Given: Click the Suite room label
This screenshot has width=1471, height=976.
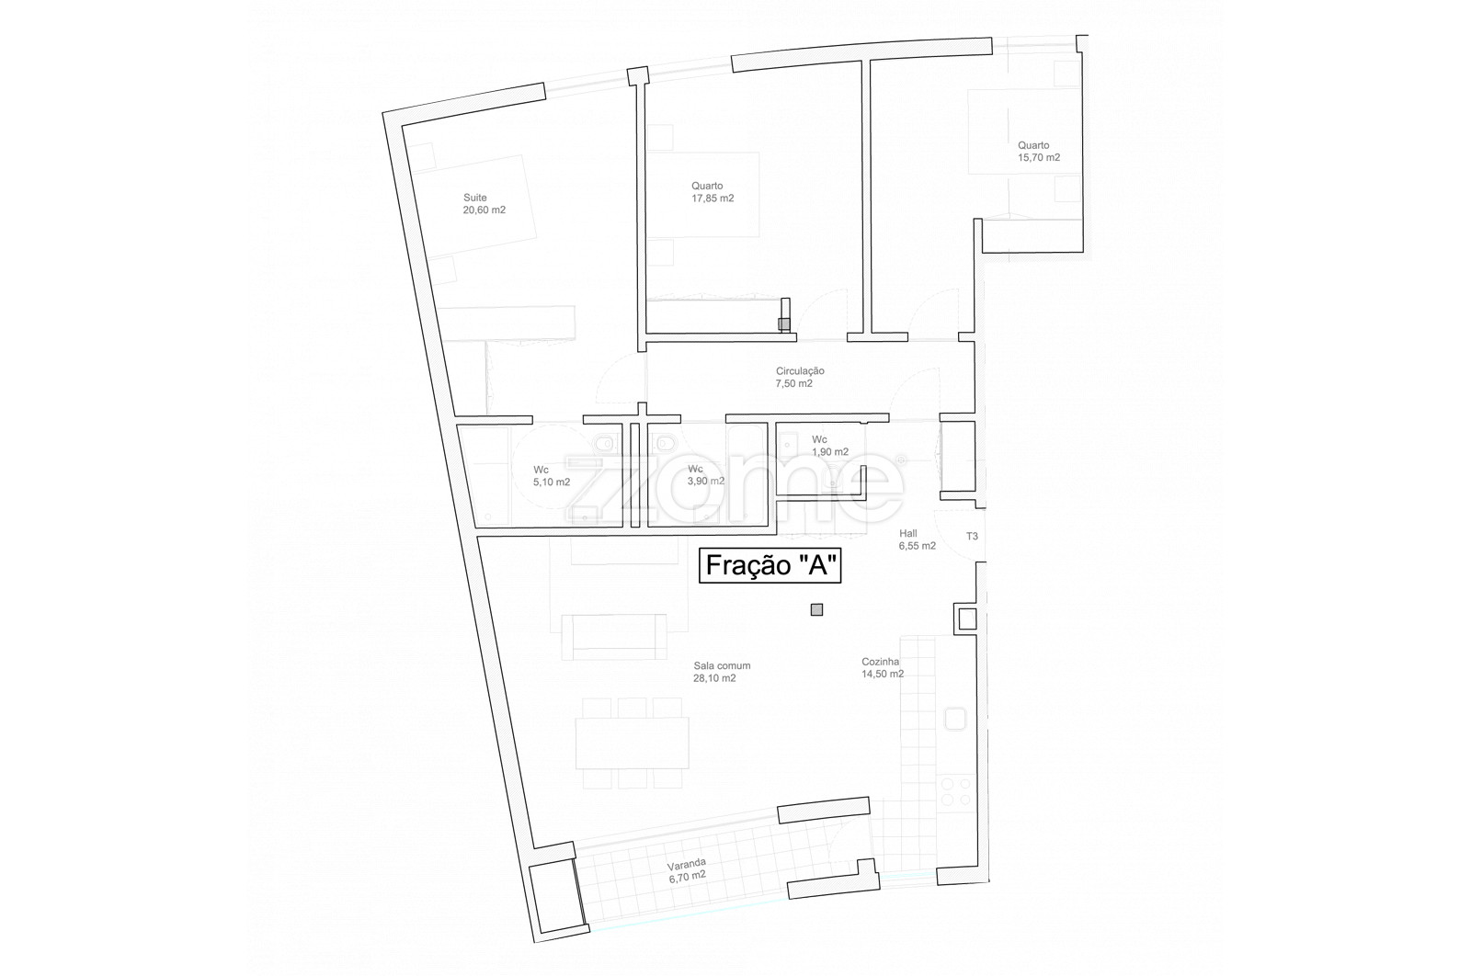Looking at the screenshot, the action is (474, 198).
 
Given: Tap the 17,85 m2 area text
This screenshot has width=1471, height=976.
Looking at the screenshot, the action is (713, 199).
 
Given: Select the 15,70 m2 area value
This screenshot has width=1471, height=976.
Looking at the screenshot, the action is (1039, 157).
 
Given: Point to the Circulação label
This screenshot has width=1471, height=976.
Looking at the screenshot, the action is (800, 371).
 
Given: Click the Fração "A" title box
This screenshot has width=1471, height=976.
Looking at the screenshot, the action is (770, 565).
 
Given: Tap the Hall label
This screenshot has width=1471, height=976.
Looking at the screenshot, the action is (908, 534).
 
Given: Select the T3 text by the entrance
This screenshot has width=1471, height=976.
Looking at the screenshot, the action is (972, 536).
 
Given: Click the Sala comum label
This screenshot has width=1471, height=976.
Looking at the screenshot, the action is (722, 665).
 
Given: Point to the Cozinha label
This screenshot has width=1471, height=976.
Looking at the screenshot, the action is (881, 662).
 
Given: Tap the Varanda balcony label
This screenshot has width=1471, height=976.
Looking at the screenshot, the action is (687, 863).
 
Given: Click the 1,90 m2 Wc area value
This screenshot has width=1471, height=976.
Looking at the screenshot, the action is (830, 452).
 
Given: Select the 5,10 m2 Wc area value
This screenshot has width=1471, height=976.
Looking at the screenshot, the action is (552, 482).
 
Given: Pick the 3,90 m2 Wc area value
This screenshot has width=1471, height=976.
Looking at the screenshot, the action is (706, 482).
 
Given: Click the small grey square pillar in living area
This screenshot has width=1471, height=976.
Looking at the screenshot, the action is (817, 609).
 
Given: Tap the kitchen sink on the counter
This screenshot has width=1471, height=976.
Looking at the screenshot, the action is (955, 719).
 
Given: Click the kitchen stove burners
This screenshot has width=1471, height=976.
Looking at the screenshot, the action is (955, 791).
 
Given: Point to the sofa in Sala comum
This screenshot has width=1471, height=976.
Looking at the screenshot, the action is (614, 637).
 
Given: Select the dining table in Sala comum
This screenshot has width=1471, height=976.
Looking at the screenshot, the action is (632, 743).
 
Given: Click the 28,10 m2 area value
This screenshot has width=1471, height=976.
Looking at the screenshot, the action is (714, 678).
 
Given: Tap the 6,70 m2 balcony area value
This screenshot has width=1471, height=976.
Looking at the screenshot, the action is (688, 876).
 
